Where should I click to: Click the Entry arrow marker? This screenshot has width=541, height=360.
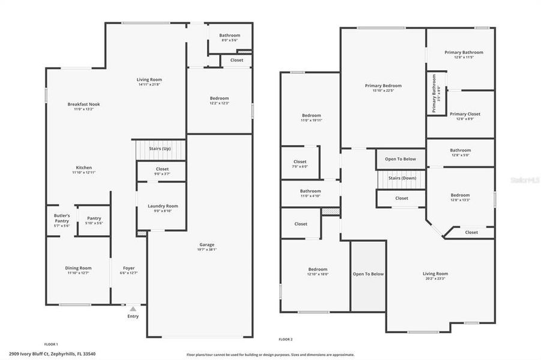pos(133,309)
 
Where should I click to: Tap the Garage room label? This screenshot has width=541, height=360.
pos(207,244)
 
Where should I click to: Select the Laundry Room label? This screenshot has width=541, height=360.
pos(163,206)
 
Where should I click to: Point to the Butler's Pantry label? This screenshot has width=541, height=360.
pos(62,218)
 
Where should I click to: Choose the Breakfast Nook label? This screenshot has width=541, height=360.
pos(83,104)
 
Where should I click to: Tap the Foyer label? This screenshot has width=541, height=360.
pos(129,268)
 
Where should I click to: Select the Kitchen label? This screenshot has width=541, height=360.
pos(83,167)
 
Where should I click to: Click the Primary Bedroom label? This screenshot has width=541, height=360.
pos(383,85)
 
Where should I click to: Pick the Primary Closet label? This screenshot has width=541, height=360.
pos(465,113)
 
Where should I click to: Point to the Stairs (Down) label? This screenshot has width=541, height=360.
pos(402,178)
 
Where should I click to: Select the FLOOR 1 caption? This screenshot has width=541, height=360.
pos(51,344)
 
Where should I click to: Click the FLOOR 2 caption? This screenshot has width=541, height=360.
pos(285,340)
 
